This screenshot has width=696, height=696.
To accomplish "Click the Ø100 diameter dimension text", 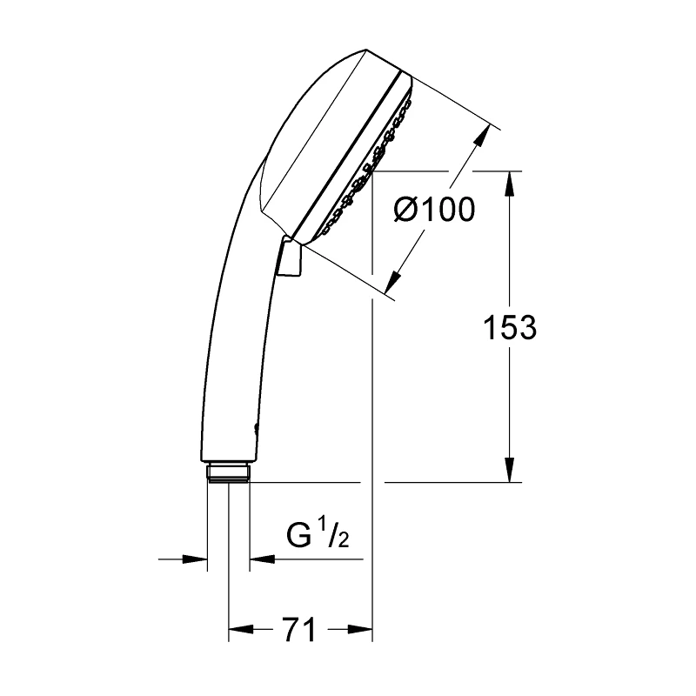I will pos(434,210).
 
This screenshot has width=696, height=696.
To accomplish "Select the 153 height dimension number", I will pos(510,328).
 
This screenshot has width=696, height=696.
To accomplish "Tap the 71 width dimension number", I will pos(298,628).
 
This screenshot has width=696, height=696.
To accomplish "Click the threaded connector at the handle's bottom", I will pos(229,473).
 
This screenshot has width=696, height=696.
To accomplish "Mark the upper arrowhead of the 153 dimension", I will pos(511,182).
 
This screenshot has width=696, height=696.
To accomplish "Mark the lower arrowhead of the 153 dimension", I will pos(511,471).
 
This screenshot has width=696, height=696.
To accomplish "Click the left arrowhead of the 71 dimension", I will pos(239,627).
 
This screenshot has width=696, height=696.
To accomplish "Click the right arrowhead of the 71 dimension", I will pos(360,627).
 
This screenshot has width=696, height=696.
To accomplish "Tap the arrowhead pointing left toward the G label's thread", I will pos(261,559).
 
